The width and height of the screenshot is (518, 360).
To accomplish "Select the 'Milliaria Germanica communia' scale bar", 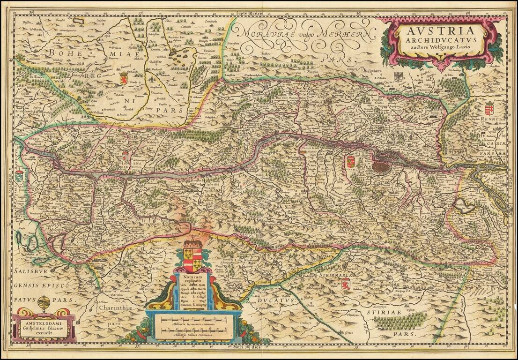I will (193, 321).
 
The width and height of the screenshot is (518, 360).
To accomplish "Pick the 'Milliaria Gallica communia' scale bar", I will (193, 332).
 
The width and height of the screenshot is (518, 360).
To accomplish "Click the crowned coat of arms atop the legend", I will (192, 256).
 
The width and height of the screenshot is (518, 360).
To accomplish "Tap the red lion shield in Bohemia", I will (124, 78).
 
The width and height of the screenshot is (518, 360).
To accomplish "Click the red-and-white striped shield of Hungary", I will (489, 109).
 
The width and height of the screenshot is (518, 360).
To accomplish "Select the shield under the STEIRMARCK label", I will (346, 284).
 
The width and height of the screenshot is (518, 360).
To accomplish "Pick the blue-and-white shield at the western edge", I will (19, 176).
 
